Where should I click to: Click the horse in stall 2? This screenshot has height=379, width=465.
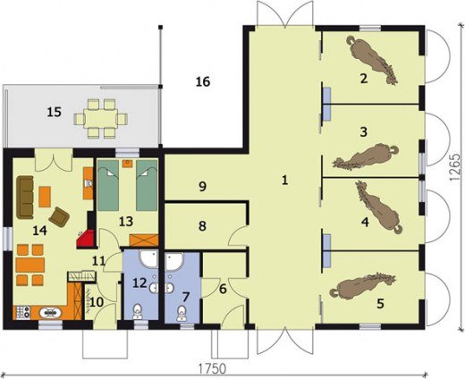click(372, 60)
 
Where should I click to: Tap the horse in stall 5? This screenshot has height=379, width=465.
click(362, 284)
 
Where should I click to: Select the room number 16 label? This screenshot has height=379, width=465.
click(203, 81)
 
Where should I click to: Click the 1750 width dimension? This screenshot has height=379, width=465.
click(213, 368)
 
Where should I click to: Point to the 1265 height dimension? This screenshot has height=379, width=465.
click(454, 167)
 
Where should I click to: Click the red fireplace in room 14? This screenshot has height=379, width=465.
click(86, 239)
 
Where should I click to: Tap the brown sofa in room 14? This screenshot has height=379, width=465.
click(25, 198)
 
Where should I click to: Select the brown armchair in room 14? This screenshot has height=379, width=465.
click(59, 217)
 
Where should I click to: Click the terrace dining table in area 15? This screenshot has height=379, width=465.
click(101, 119)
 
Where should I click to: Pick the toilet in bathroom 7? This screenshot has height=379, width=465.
click(182, 314)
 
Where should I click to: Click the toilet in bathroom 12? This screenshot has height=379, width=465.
click(138, 311)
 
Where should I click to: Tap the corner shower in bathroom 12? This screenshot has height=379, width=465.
click(148, 258)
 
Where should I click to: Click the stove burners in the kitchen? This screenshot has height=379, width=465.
click(22, 312)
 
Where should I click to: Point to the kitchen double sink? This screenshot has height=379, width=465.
click(51, 313)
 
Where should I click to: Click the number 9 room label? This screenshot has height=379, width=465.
click(202, 187)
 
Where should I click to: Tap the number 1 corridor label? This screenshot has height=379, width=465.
click(284, 180)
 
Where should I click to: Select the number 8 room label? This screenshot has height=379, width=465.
click(202, 226)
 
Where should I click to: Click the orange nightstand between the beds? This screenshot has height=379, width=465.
click(128, 164)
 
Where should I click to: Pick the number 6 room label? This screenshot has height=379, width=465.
click(223, 289)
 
